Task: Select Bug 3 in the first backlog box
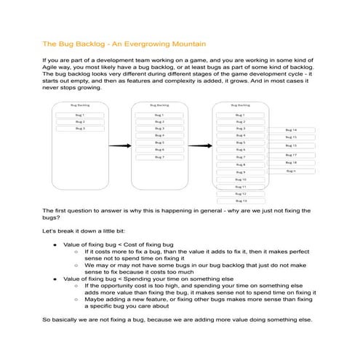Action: click(x=80, y=128)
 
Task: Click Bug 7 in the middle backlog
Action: click(x=159, y=156)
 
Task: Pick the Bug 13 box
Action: click(x=240, y=201)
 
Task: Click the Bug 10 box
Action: click(x=240, y=179)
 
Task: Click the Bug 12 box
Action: click(x=240, y=193)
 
